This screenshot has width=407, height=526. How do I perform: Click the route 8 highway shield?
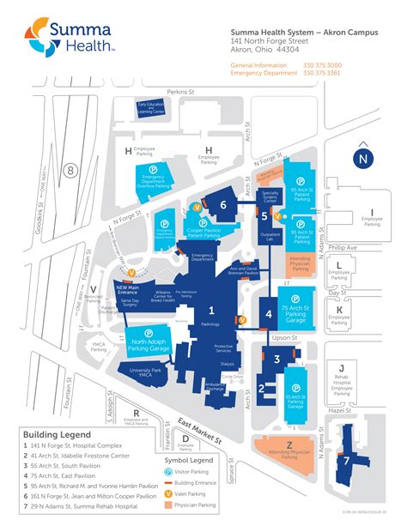(70, 170)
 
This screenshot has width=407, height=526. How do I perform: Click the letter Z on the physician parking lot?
(289, 444)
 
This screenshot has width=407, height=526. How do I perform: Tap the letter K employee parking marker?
(340, 310)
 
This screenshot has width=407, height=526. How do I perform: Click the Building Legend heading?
(50, 435)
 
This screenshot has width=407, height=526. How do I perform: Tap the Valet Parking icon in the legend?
(169, 493)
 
